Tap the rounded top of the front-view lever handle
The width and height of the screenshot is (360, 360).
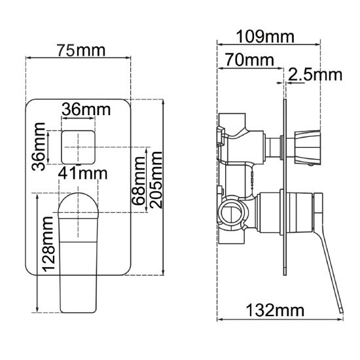coord(79,203)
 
